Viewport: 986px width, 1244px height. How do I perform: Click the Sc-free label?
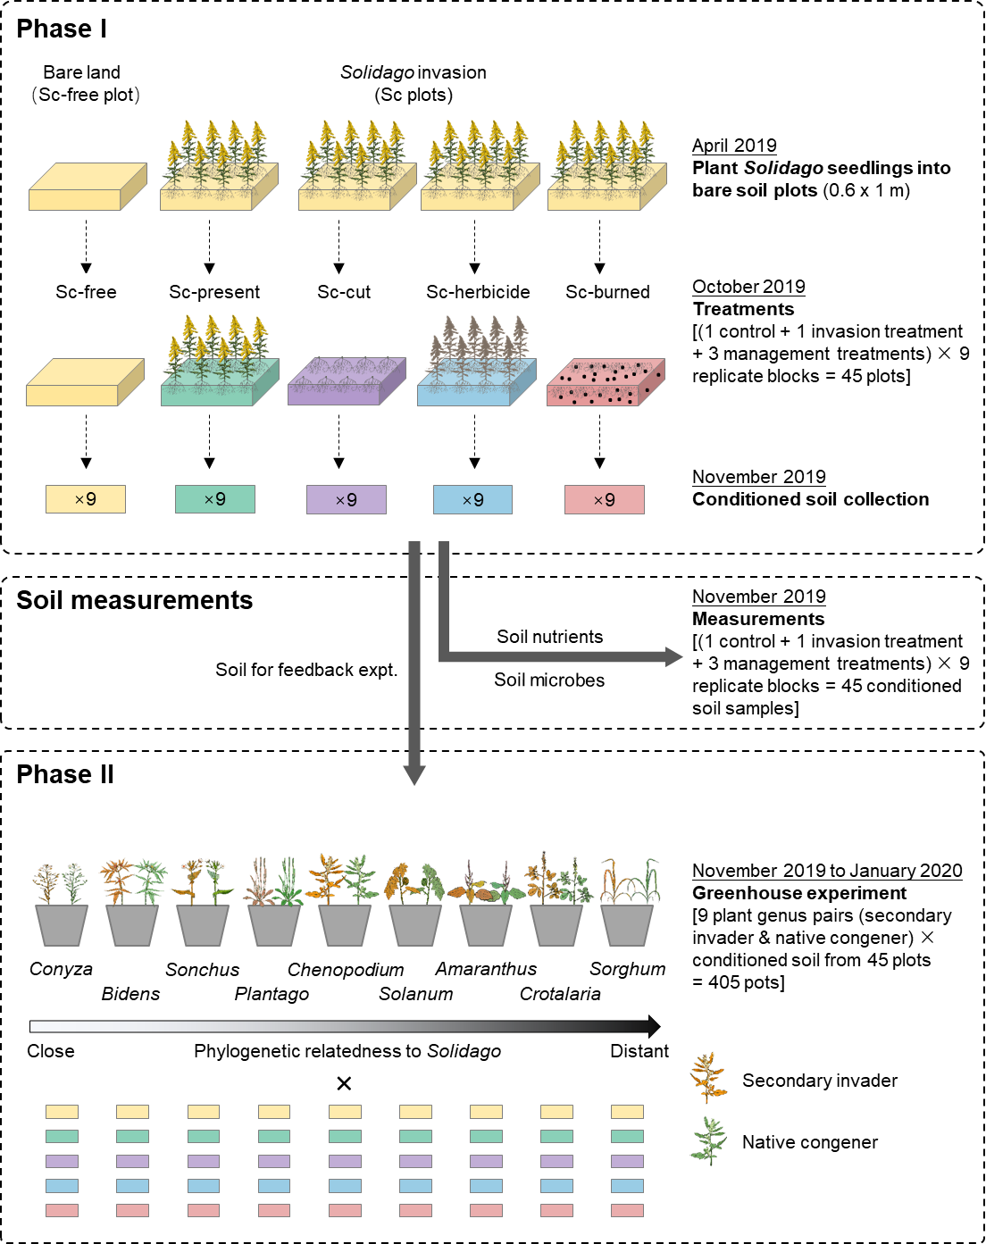86,292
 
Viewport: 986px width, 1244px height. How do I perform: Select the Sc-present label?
214,292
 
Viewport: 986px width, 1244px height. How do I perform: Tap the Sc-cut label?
344,292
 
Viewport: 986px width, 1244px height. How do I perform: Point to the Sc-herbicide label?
478,292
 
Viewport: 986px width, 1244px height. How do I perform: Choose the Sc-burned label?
607,292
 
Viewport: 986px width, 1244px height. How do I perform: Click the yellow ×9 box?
86,499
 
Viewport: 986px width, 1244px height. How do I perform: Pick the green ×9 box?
215,499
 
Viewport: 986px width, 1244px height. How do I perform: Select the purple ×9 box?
347,500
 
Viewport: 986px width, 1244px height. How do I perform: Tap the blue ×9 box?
472,500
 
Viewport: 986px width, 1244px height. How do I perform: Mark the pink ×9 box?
605,500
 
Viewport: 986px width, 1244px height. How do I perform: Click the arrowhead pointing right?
674,657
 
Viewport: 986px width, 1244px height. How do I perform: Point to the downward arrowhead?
414,775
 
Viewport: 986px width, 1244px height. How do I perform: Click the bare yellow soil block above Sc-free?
87,188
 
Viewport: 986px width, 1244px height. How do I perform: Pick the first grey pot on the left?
62,925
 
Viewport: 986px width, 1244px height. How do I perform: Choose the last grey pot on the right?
627,925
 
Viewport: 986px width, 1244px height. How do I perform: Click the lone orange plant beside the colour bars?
708,1076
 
